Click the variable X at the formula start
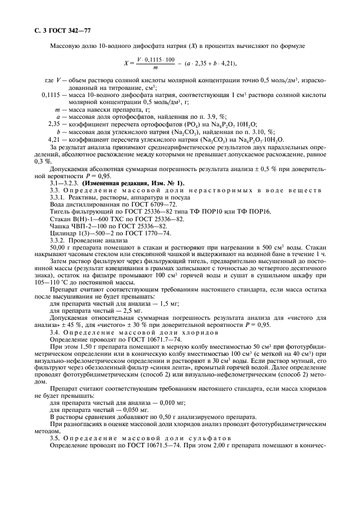point(125,63)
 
